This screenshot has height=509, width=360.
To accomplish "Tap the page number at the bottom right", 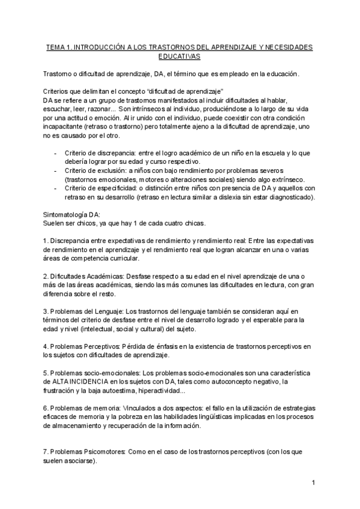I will click(313, 483).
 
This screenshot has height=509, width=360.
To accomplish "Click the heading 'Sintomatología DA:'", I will click(72, 214).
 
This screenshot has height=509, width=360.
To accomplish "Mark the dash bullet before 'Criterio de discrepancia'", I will click(55, 153).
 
